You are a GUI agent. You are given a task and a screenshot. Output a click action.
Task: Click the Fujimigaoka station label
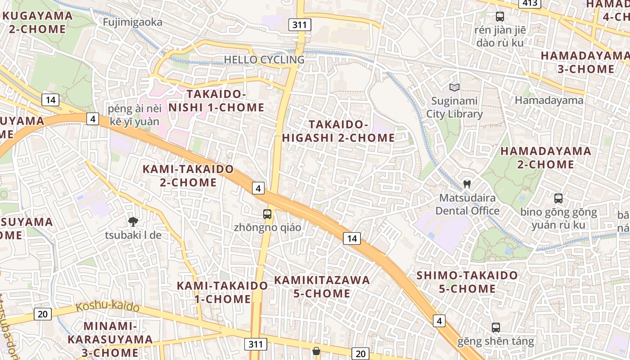(x=132, y=22)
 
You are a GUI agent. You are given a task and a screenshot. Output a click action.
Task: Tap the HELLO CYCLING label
(x=264, y=59)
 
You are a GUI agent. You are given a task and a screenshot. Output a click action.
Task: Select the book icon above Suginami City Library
(x=454, y=87)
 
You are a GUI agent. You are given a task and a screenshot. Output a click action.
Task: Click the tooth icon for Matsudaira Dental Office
(x=467, y=184)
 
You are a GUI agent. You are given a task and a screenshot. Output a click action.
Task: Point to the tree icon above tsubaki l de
(x=133, y=221)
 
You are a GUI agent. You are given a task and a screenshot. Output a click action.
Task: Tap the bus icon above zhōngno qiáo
(x=267, y=214)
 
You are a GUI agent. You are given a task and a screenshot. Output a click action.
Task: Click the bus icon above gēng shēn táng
(x=496, y=328)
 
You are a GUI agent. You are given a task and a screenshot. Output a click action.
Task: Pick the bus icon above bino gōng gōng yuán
(x=558, y=198)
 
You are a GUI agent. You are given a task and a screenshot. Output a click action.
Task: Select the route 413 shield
(x=530, y=4)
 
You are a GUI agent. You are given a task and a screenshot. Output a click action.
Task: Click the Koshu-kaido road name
(x=108, y=307)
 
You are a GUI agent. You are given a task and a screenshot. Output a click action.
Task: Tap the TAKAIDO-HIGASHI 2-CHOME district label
(x=338, y=131)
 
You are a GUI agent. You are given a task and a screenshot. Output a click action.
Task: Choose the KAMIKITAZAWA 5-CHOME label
(x=322, y=287)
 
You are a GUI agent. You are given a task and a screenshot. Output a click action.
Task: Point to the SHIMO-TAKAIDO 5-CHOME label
(x=467, y=282)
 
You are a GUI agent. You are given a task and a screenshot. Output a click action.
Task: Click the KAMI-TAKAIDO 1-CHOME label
(x=222, y=292)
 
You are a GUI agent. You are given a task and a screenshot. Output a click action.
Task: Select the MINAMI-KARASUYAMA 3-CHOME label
(x=110, y=339)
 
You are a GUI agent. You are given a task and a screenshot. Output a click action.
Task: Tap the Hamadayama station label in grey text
(x=549, y=100)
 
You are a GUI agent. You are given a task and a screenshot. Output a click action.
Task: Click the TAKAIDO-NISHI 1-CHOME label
(x=216, y=101)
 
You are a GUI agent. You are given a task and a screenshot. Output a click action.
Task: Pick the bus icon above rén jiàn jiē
(x=499, y=17)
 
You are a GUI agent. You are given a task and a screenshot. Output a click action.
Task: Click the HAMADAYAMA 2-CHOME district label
(x=546, y=157)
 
